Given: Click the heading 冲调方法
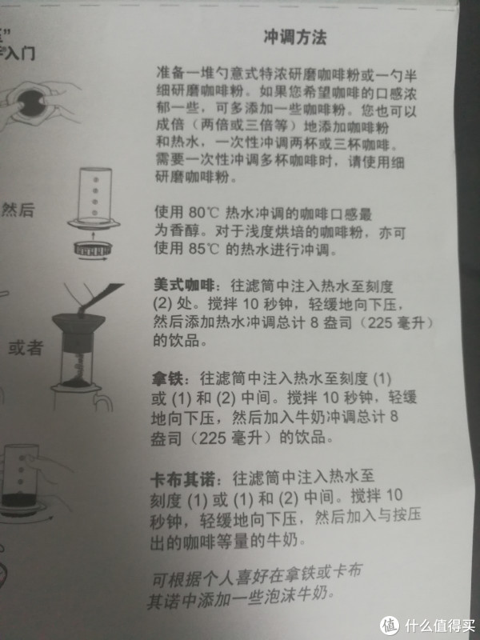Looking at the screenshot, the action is coord(295,38).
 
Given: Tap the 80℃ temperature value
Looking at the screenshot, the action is coord(204,213).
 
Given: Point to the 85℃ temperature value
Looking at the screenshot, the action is coord(204,248).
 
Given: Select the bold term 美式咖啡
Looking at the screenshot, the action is coord(184,285).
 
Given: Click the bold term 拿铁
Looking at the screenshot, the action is coord(166,378).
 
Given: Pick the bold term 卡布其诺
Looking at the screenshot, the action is coord(182,479).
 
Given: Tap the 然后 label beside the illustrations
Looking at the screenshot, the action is coord(18,210).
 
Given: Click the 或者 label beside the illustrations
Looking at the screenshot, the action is coord(26,348).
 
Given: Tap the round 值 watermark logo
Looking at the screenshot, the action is coord(390,626).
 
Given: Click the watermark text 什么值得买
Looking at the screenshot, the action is coord(440,626).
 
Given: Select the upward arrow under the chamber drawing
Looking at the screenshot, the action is coord(93,236).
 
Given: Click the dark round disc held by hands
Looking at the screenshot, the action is coord(30,103).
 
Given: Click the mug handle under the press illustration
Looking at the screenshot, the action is coord(103,402).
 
